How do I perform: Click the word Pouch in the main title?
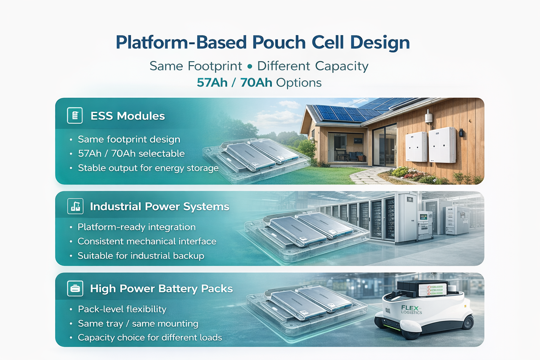[279, 43]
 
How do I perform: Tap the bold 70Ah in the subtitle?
[256, 83]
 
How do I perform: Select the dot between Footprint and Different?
[250, 66]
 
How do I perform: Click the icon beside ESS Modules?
[75, 116]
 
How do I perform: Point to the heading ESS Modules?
[128, 116]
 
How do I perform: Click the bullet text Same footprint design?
[129, 139]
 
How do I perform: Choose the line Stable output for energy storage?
[148, 168]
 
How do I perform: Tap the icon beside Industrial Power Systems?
[76, 206]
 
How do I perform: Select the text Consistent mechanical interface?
[147, 242]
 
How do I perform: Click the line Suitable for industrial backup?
[141, 256]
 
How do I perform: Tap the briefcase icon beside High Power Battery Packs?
[75, 288]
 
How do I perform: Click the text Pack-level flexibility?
[122, 309]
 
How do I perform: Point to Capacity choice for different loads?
[150, 337]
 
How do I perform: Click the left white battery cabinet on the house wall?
[416, 147]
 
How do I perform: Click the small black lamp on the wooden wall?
[461, 133]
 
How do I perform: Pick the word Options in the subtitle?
[299, 83]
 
